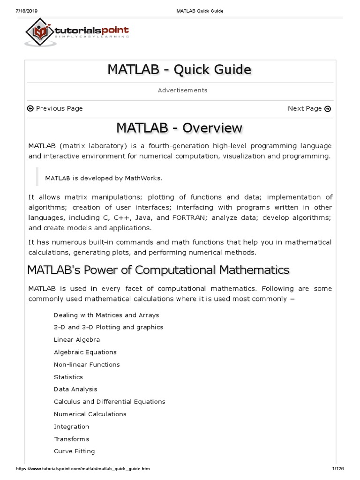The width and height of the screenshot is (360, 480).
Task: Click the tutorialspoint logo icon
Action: click(x=40, y=31)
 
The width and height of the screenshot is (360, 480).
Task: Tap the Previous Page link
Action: click(x=55, y=108)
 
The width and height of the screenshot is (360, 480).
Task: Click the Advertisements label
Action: click(x=182, y=90)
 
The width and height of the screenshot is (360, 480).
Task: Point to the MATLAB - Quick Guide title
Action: click(x=180, y=69)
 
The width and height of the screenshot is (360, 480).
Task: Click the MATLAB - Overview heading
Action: click(x=180, y=127)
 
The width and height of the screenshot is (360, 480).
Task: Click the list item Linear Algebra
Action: click(x=77, y=339)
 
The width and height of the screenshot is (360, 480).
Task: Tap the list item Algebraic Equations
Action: click(x=85, y=352)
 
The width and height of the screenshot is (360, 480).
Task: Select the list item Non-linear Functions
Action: click(x=87, y=364)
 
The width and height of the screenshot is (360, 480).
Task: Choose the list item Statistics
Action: click(x=68, y=377)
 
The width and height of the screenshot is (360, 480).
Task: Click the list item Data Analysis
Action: click(x=75, y=389)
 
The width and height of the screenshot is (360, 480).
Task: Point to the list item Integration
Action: click(x=71, y=427)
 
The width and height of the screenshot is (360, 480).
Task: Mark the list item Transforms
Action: click(x=71, y=439)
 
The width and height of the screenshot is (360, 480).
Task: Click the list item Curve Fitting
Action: click(x=75, y=451)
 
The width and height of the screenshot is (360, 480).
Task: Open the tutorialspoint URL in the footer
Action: click(x=83, y=469)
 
